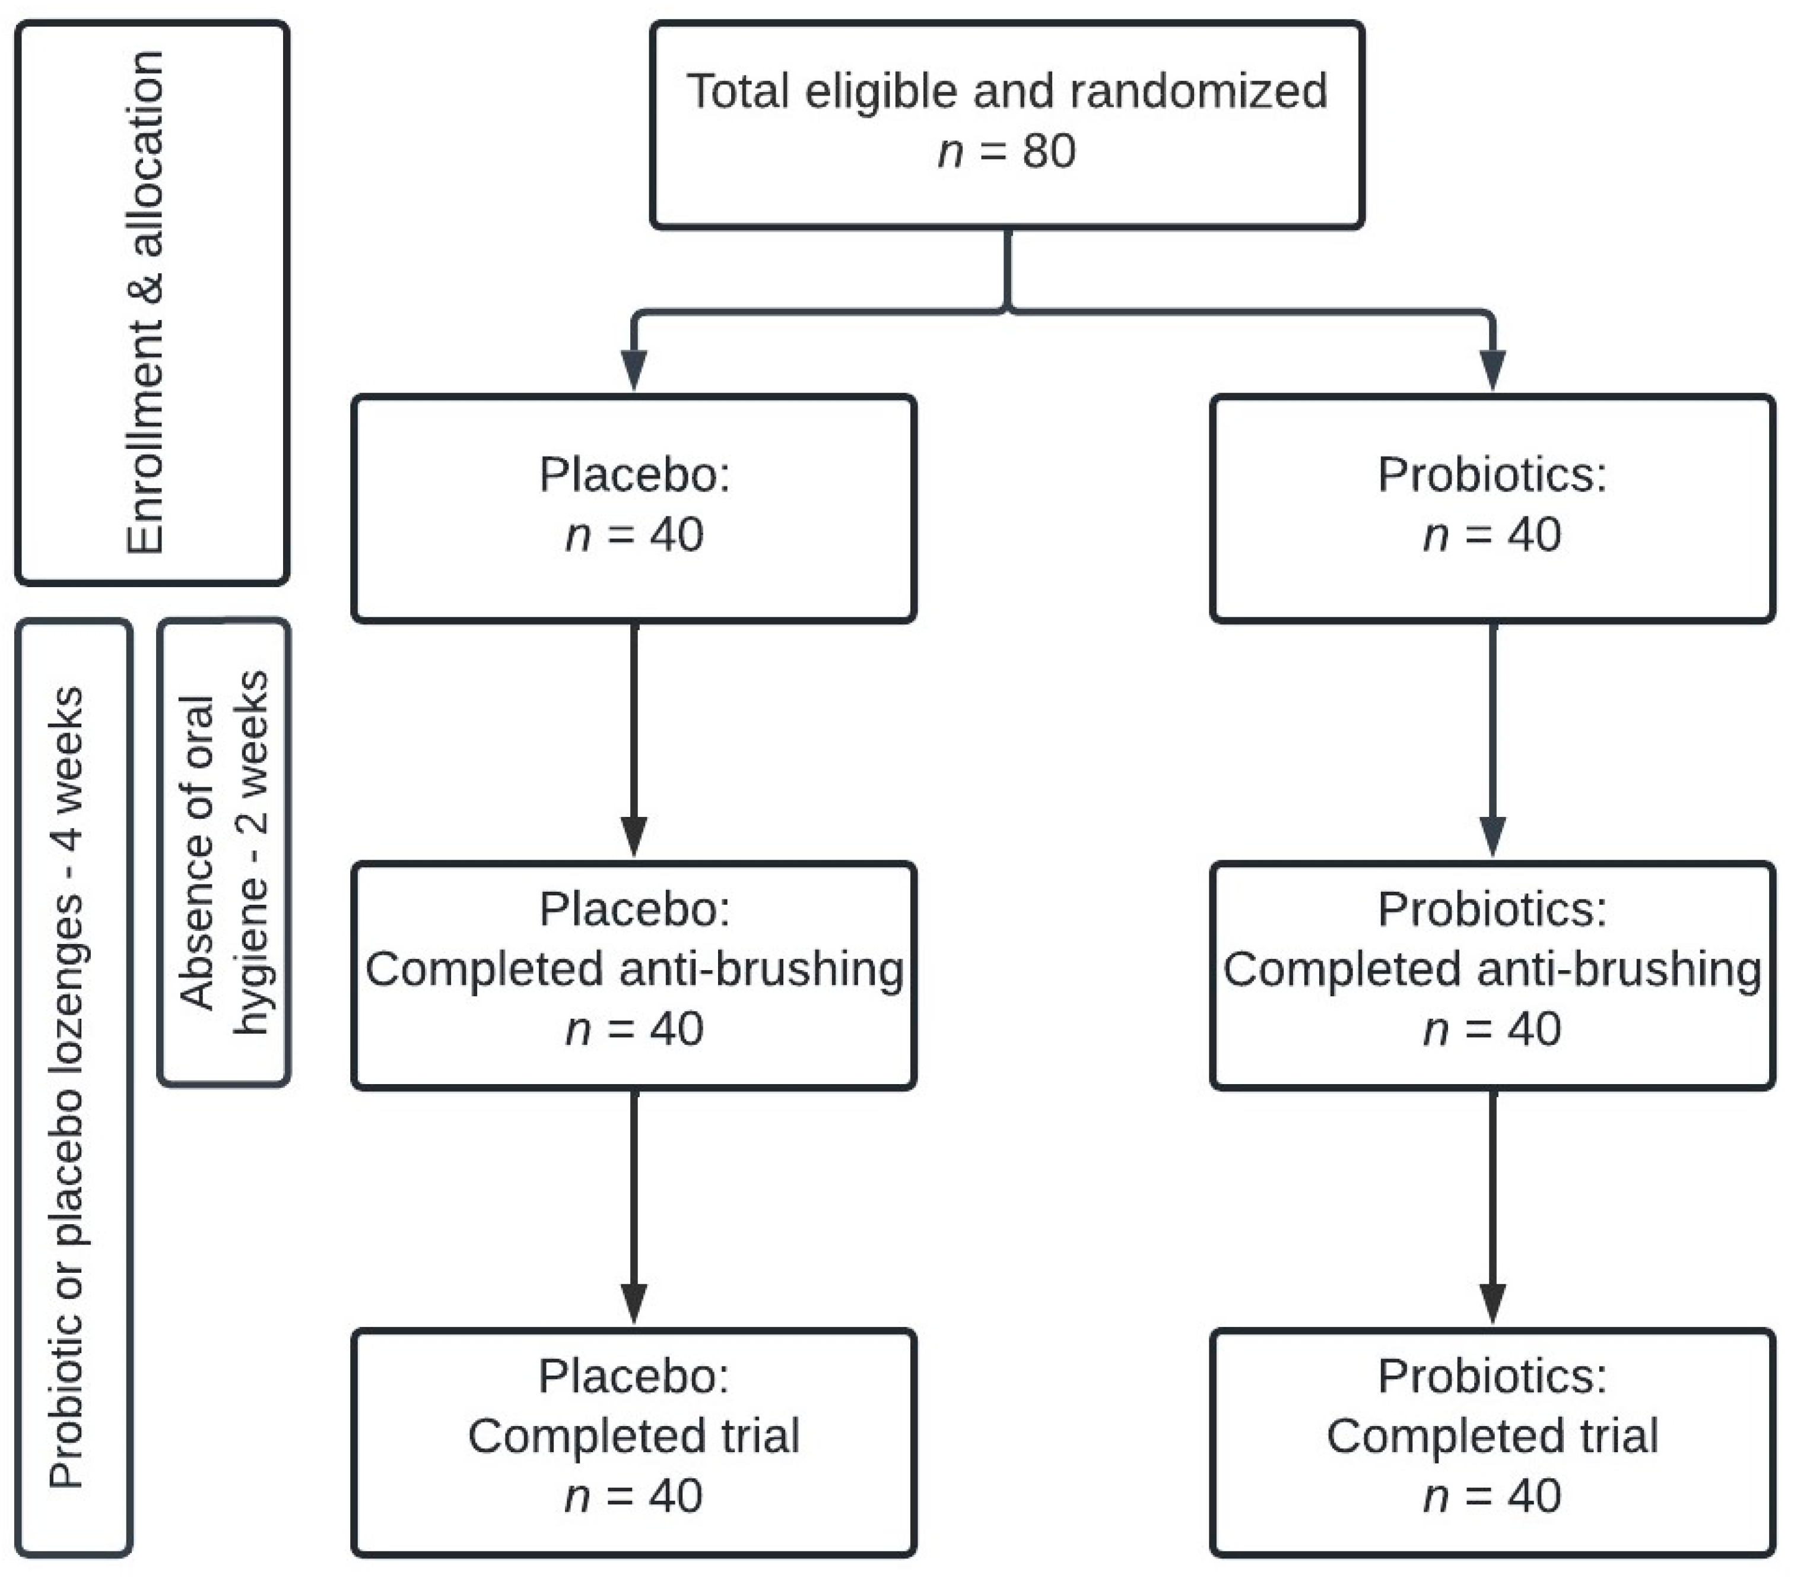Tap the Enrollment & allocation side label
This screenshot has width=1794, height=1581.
(x=147, y=303)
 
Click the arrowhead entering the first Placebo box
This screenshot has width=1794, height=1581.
(x=634, y=369)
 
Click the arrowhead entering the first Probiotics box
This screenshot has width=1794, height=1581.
(x=1492, y=369)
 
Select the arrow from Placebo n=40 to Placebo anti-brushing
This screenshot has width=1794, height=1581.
(x=634, y=737)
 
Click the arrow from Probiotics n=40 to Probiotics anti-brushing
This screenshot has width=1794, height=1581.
(x=1492, y=737)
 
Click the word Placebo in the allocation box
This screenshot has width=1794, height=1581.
(x=634, y=475)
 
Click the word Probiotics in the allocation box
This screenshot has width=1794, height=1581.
(x=1492, y=475)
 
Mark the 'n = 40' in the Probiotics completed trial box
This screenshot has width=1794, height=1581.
(x=1492, y=1497)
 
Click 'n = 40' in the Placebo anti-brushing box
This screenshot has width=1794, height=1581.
(x=634, y=1029)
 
